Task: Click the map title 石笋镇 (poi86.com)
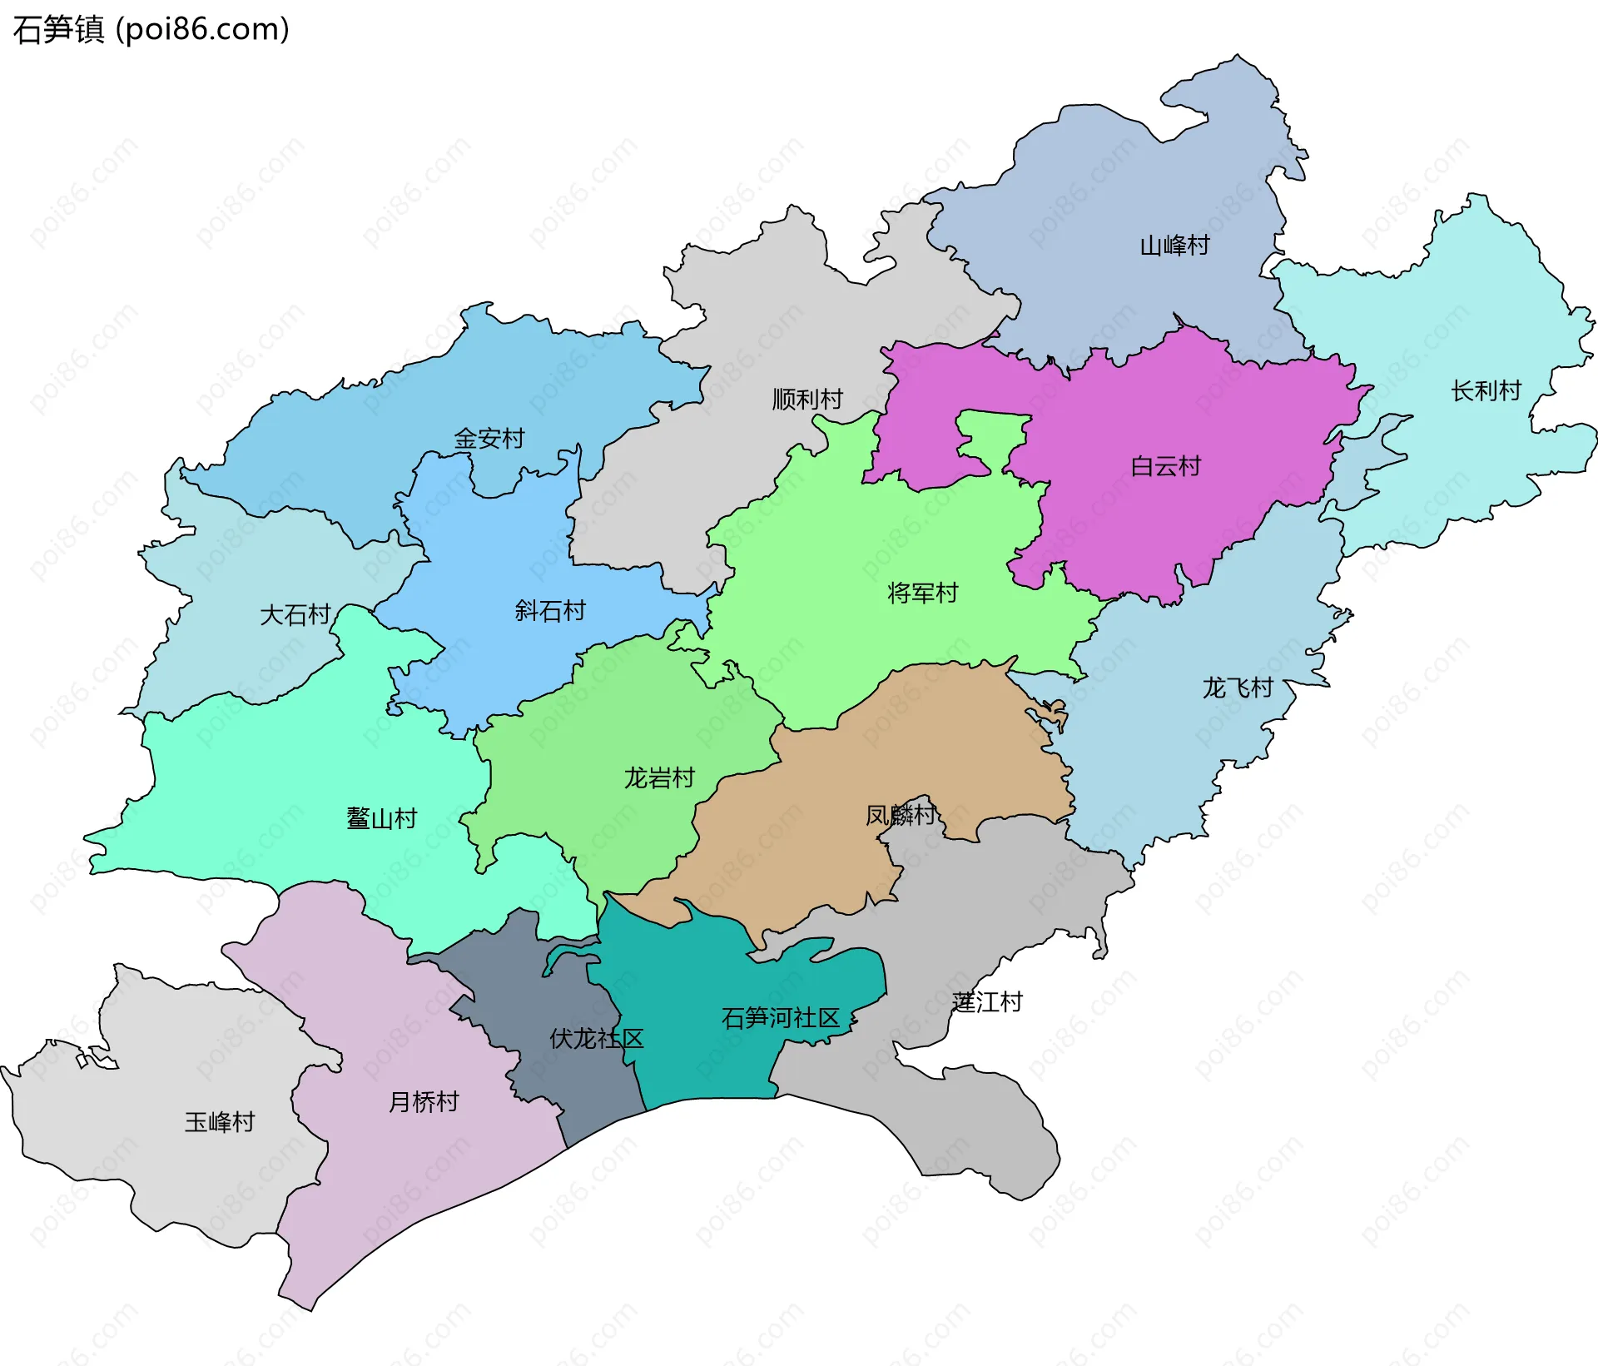(151, 29)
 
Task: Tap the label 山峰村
(1174, 246)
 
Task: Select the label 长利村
(1486, 390)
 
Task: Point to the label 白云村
(1165, 466)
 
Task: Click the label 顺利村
(807, 400)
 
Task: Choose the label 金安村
(489, 439)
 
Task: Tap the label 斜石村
(549, 611)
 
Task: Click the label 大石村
(295, 615)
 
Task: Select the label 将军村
(922, 593)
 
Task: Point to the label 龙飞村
(1237, 688)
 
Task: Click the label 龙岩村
(659, 778)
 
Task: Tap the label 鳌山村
(381, 818)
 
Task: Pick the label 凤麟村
(900, 815)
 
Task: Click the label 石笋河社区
(780, 1018)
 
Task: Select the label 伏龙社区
(596, 1039)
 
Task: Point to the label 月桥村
(424, 1102)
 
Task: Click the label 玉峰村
(219, 1122)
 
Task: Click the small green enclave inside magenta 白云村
(994, 433)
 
